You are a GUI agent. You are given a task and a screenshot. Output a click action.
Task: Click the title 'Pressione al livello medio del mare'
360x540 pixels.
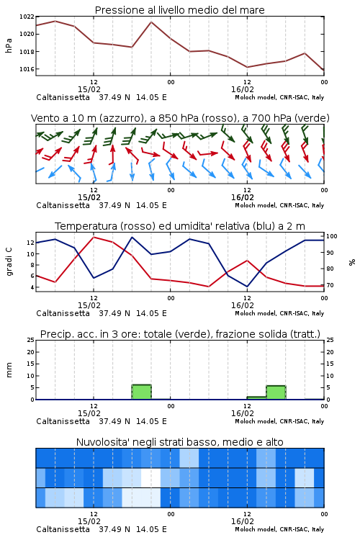coord(179,10)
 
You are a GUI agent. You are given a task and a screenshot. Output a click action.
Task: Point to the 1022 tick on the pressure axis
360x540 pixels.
coord(27,17)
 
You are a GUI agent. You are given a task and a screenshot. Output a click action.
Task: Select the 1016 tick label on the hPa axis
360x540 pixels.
coord(27,69)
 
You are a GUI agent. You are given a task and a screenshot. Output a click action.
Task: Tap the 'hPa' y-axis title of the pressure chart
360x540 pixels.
coord(9,45)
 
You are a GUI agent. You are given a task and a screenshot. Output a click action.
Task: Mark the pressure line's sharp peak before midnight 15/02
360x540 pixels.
coord(151,22)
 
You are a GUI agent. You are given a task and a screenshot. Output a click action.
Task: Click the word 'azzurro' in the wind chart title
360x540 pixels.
coord(121,118)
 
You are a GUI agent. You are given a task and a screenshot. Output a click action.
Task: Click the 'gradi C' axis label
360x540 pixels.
coord(9,261)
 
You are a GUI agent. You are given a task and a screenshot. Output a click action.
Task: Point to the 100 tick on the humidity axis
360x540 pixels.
coord(332,236)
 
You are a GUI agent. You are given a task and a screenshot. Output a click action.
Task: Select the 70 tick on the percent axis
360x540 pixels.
coord(330,285)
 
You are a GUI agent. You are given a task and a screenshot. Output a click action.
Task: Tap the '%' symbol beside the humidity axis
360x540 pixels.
coord(352,262)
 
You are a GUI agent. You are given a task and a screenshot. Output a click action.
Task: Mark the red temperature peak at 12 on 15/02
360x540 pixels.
coord(94,237)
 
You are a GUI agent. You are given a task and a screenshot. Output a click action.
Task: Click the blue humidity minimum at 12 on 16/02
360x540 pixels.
coord(247,286)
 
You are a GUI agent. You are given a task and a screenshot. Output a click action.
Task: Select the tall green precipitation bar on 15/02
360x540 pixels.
coord(142,392)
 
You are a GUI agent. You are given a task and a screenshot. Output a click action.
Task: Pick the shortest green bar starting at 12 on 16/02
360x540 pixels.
coord(256,397)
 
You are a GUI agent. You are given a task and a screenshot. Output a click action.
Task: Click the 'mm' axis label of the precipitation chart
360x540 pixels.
coord(9,370)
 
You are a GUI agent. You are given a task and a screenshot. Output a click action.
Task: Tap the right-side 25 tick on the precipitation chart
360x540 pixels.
coord(330,340)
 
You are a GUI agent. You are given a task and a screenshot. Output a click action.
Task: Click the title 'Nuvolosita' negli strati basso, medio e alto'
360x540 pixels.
coord(179,442)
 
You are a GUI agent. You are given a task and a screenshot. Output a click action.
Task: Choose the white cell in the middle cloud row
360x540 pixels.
coord(151,477)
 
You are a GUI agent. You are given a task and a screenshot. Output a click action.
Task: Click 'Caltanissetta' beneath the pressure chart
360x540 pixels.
coord(63,97)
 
